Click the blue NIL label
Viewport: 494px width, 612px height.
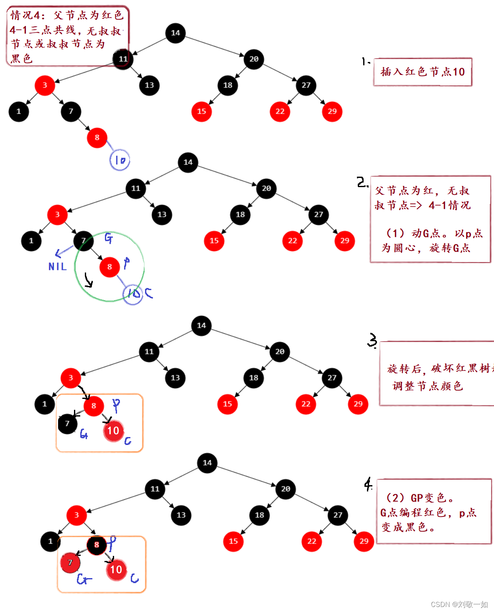(x=57, y=266)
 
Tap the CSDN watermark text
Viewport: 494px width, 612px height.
(x=459, y=604)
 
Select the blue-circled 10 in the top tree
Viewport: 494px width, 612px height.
(x=120, y=160)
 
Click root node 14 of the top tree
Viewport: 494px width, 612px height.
(x=176, y=33)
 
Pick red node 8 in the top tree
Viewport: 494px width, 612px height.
(x=97, y=137)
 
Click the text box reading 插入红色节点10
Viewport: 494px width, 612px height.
(x=423, y=72)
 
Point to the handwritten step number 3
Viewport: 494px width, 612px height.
(x=372, y=341)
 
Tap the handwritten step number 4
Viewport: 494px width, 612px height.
(x=368, y=484)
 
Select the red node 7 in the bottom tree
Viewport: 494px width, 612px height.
(x=70, y=563)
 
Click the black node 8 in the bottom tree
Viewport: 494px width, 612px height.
(x=97, y=545)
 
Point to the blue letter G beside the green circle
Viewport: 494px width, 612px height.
(x=108, y=238)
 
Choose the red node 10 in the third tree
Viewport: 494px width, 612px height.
(x=113, y=431)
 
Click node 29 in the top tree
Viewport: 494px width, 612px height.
(x=332, y=111)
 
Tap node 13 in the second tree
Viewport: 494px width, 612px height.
(x=162, y=214)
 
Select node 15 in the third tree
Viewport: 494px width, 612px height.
(x=227, y=404)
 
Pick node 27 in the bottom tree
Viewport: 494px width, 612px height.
(x=338, y=515)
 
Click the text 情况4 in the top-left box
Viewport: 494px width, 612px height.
(x=27, y=15)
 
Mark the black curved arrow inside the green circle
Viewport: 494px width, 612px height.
(x=88, y=280)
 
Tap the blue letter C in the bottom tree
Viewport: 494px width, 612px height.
(x=135, y=579)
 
